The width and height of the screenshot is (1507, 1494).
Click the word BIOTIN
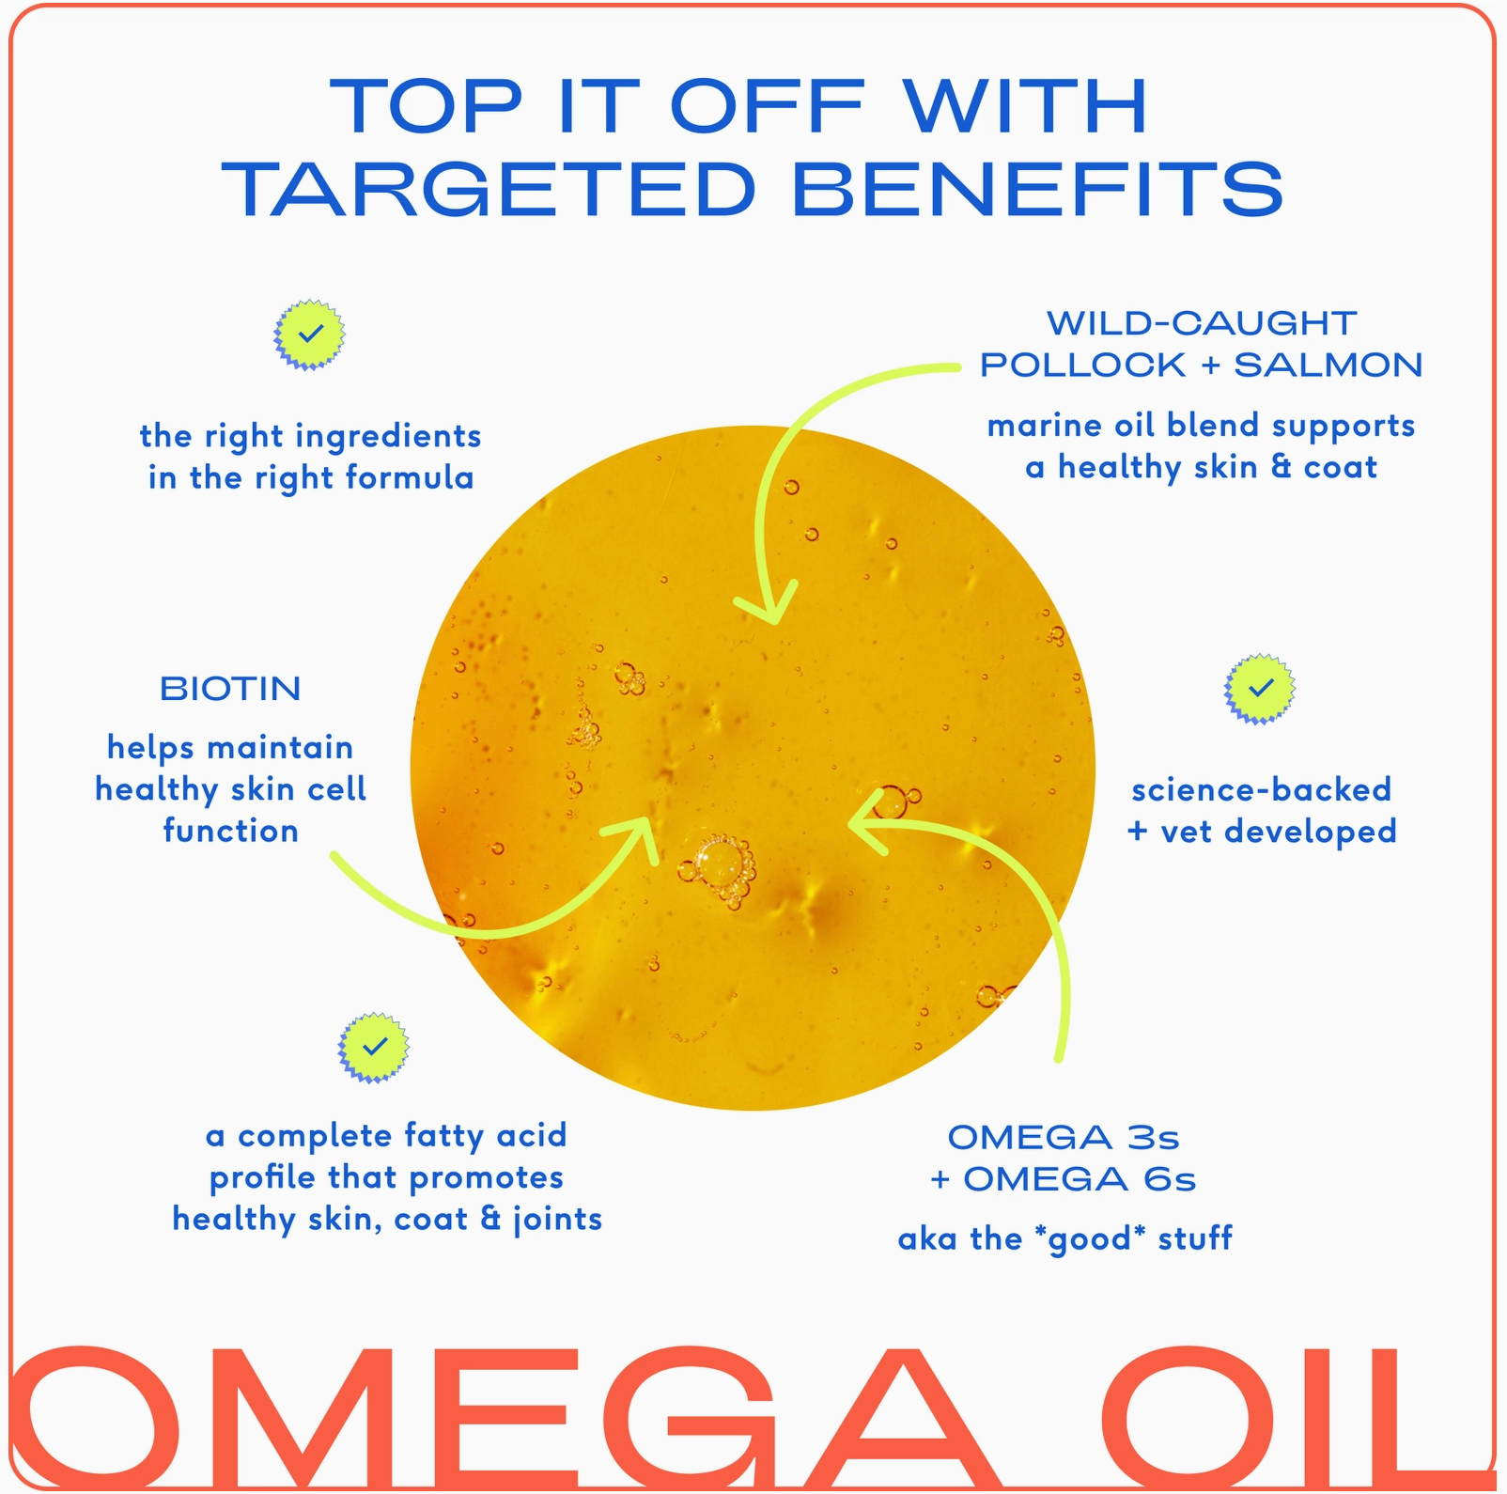pyautogui.click(x=230, y=689)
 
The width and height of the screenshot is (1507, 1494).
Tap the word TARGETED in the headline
pyautogui.click(x=489, y=190)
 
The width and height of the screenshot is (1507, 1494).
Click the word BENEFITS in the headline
pyautogui.click(x=1038, y=190)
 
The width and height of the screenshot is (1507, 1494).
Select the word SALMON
pyautogui.click(x=1328, y=365)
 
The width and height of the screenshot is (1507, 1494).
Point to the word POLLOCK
pyautogui.click(x=1082, y=365)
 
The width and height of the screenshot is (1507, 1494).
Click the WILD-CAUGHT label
pyautogui.click(x=1202, y=323)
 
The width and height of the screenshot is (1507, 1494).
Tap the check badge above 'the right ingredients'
pyautogui.click(x=309, y=335)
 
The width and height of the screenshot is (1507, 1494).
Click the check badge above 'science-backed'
pyautogui.click(x=1260, y=689)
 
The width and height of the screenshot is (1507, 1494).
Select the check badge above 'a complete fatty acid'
pyautogui.click(x=374, y=1047)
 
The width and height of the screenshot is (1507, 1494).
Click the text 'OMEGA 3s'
pyautogui.click(x=1063, y=1138)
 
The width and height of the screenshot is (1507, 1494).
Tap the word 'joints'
pyautogui.click(x=558, y=1220)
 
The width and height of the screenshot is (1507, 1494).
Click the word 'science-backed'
pyautogui.click(x=1261, y=789)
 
